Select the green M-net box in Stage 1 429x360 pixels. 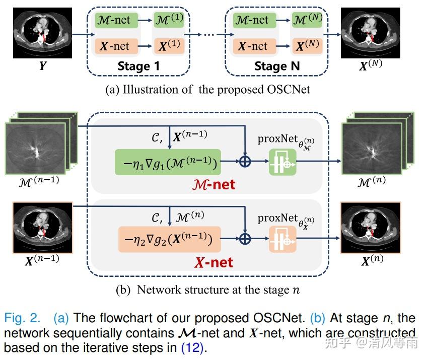[113, 21]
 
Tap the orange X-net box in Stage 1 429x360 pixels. [113, 46]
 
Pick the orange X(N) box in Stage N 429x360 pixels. [307, 46]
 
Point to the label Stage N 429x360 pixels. [277, 66]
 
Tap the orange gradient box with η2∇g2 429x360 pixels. [170, 240]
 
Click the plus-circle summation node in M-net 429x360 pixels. [244, 162]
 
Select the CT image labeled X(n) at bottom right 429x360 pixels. [371, 227]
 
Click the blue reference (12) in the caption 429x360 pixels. [192, 348]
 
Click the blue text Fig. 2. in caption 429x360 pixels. [23, 319]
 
